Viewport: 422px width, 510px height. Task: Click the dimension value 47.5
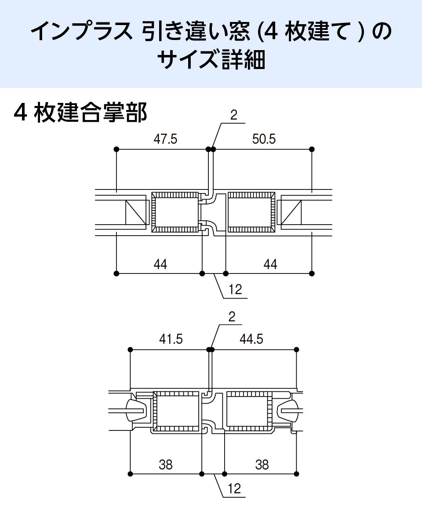click(165, 139)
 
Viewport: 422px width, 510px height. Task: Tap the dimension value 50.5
click(264, 139)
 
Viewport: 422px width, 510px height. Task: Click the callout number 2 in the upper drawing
click(233, 115)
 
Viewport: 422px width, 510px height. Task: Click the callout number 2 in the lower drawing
click(232, 317)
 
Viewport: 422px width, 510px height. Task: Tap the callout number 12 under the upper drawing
click(235, 289)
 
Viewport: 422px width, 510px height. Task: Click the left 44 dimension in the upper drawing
click(160, 264)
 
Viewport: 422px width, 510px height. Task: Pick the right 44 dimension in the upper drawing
click(270, 264)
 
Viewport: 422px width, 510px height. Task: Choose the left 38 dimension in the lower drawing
click(166, 465)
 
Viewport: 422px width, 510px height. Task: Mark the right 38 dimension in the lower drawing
click(262, 465)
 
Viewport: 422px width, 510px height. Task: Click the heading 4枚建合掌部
click(80, 113)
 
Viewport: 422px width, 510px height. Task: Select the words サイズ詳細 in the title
click(211, 60)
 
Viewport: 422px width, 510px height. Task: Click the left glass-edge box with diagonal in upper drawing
click(136, 212)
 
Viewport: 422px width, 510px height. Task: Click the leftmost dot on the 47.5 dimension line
click(116, 149)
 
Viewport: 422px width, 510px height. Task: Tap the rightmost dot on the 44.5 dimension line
click(297, 350)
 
